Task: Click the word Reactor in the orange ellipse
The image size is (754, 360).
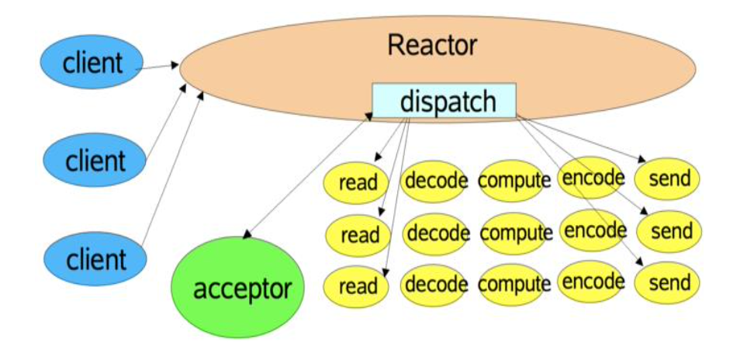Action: pos(432,45)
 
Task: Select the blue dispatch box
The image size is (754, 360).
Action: pos(444,101)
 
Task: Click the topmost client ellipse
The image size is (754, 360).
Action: pos(93,61)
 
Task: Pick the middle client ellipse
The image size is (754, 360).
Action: pos(95,161)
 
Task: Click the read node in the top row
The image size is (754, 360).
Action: pos(358,182)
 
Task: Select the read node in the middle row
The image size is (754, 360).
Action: pos(359,234)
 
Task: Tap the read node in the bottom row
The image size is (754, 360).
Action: pos(358,286)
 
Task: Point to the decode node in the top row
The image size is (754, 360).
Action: pos(434,181)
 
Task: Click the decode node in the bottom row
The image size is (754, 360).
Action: pos(434,283)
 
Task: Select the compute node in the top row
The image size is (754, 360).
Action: pos(513,181)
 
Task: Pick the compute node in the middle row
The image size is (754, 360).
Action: pos(515,233)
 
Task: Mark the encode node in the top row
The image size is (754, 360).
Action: pos(592,178)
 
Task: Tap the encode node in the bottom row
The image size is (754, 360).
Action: pos(592,281)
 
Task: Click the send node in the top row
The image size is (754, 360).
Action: pos(668,179)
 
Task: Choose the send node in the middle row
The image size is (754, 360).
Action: pos(669,231)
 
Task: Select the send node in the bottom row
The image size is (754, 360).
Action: pos(668,282)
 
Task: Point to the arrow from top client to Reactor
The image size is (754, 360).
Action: pos(159,68)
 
